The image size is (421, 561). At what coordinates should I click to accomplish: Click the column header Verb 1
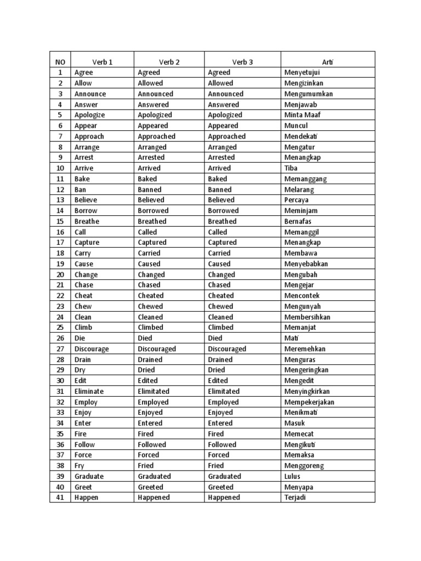tap(103, 62)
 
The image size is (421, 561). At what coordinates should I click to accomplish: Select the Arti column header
tap(328, 62)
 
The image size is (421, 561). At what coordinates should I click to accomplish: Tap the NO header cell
tap(60, 62)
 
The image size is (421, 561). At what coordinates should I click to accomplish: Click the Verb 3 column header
tap(243, 62)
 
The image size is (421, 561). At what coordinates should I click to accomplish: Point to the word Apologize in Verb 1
tap(90, 115)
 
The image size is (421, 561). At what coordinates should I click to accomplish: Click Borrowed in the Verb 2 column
tap(153, 210)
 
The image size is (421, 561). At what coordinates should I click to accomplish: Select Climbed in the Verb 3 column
tap(221, 327)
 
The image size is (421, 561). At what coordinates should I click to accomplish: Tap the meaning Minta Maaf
tap(303, 115)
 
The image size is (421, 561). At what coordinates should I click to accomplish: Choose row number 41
tap(60, 497)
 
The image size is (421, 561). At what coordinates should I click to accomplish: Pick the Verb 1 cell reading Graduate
tap(89, 476)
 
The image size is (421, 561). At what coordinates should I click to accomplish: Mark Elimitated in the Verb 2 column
tap(154, 391)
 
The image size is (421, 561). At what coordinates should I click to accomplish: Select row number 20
tap(60, 274)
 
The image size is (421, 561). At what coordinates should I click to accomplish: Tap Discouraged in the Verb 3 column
tap(227, 348)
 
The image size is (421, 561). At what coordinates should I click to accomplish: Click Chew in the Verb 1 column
tap(83, 306)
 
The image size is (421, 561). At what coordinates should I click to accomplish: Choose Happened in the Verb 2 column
tap(154, 497)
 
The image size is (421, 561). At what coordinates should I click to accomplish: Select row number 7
tap(60, 136)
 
